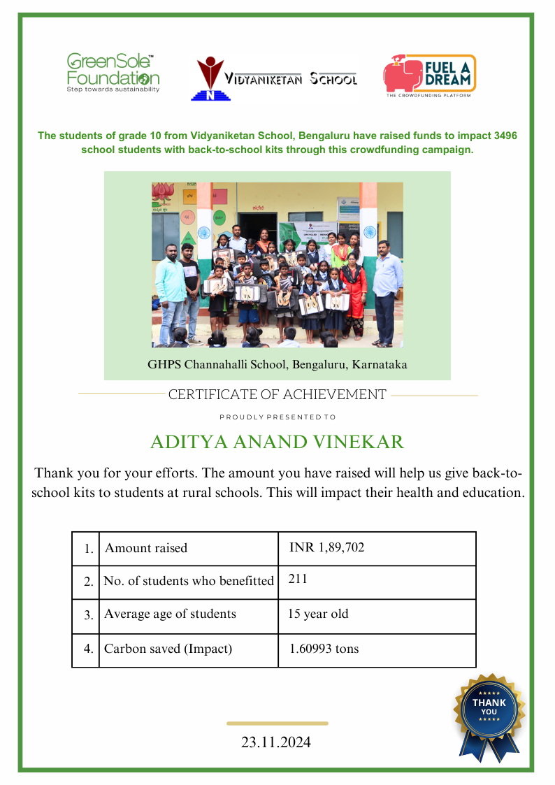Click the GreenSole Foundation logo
pyautogui.click(x=113, y=73)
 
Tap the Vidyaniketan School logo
pyautogui.click(x=274, y=79)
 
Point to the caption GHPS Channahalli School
pyautogui.click(x=277, y=364)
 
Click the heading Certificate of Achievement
pyautogui.click(x=277, y=395)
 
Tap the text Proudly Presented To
pyautogui.click(x=277, y=417)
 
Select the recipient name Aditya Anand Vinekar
pyautogui.click(x=277, y=442)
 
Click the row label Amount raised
pyautogui.click(x=146, y=548)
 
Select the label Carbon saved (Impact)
pyautogui.click(x=168, y=649)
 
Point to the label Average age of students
pyautogui.click(x=170, y=614)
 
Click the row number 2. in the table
pyautogui.click(x=89, y=582)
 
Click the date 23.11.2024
pyautogui.click(x=276, y=742)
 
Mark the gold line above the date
pyautogui.click(x=277, y=723)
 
